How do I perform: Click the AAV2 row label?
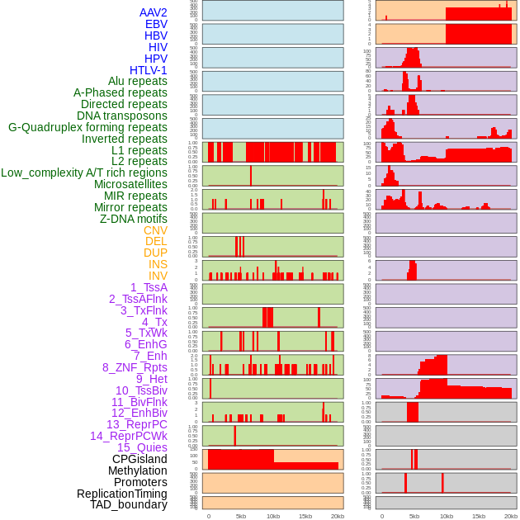[x=154, y=12]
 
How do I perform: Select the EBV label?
[x=156, y=24]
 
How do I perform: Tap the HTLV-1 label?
[x=149, y=70]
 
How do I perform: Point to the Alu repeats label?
[x=138, y=81]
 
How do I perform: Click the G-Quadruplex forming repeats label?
[x=87, y=127]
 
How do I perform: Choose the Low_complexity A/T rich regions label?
[x=84, y=173]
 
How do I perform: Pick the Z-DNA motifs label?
[x=134, y=219]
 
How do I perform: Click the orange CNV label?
[x=155, y=230]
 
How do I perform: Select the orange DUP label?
[x=155, y=253]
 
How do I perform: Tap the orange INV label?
[x=158, y=276]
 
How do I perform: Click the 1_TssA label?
[x=149, y=287]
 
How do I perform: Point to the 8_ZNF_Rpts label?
[x=135, y=367]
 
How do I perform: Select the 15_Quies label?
[x=142, y=447]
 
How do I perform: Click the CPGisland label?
[x=139, y=459]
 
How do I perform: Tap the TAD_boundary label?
[x=129, y=504]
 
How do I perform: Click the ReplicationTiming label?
[x=122, y=494]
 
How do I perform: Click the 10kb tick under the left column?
[x=273, y=516]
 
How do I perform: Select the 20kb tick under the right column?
[x=511, y=516]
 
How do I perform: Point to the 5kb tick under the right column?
[x=414, y=516]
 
